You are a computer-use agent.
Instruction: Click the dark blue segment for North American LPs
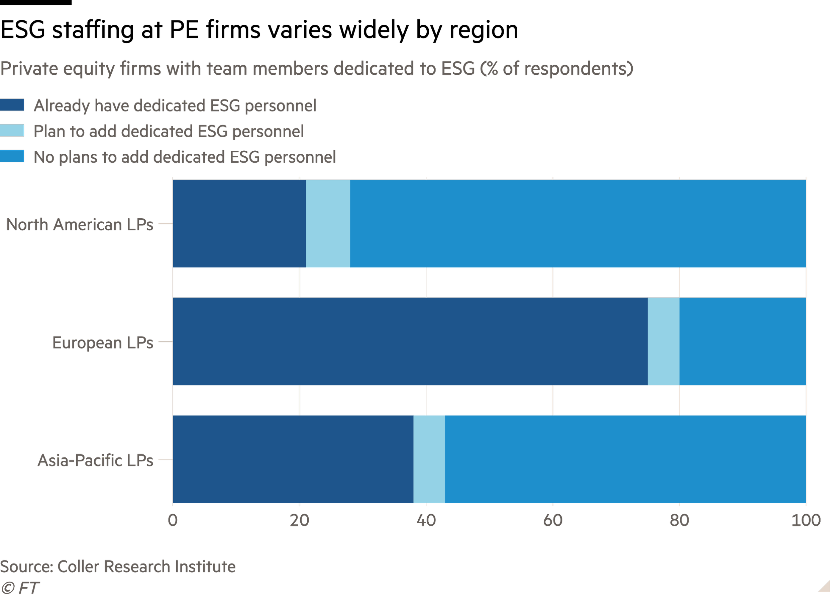239,224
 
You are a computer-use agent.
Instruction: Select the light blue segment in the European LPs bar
663,341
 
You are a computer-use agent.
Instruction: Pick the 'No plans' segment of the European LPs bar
742,341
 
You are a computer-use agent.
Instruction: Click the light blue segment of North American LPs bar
328,224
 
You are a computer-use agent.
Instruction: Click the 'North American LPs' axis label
80,225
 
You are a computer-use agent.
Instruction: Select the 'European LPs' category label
103,343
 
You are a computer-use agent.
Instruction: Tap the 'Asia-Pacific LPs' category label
95,461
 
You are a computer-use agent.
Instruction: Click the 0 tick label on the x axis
173,520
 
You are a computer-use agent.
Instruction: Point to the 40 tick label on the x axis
426,520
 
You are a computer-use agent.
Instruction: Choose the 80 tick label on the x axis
679,520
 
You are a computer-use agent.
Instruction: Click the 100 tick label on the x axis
806,520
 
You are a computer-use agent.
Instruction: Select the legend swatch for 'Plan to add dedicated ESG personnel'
12,131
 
